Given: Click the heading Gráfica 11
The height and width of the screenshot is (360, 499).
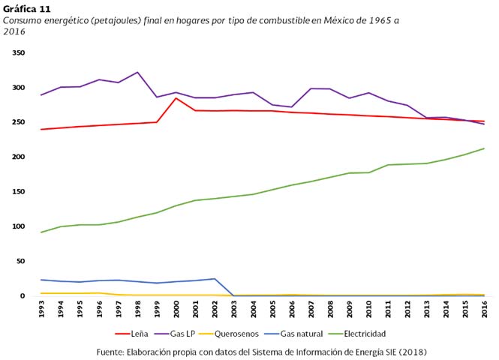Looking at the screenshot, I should (28, 9).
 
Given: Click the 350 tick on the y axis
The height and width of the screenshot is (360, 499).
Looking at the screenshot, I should (19, 53).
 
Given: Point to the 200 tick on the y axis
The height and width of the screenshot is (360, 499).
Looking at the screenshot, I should (19, 157).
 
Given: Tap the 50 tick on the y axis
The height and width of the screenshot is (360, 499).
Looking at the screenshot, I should (20, 261).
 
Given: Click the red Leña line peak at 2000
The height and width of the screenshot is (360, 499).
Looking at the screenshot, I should (176, 98).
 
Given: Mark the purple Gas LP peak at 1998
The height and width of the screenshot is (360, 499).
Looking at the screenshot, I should (137, 73).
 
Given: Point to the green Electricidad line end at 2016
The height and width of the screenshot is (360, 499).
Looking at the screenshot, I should (484, 148).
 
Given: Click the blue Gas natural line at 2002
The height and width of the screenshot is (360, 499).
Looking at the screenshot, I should (215, 279).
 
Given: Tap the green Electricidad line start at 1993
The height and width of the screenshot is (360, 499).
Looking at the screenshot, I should (41, 232).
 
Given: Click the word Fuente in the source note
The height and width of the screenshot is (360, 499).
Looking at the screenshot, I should (113, 351).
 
